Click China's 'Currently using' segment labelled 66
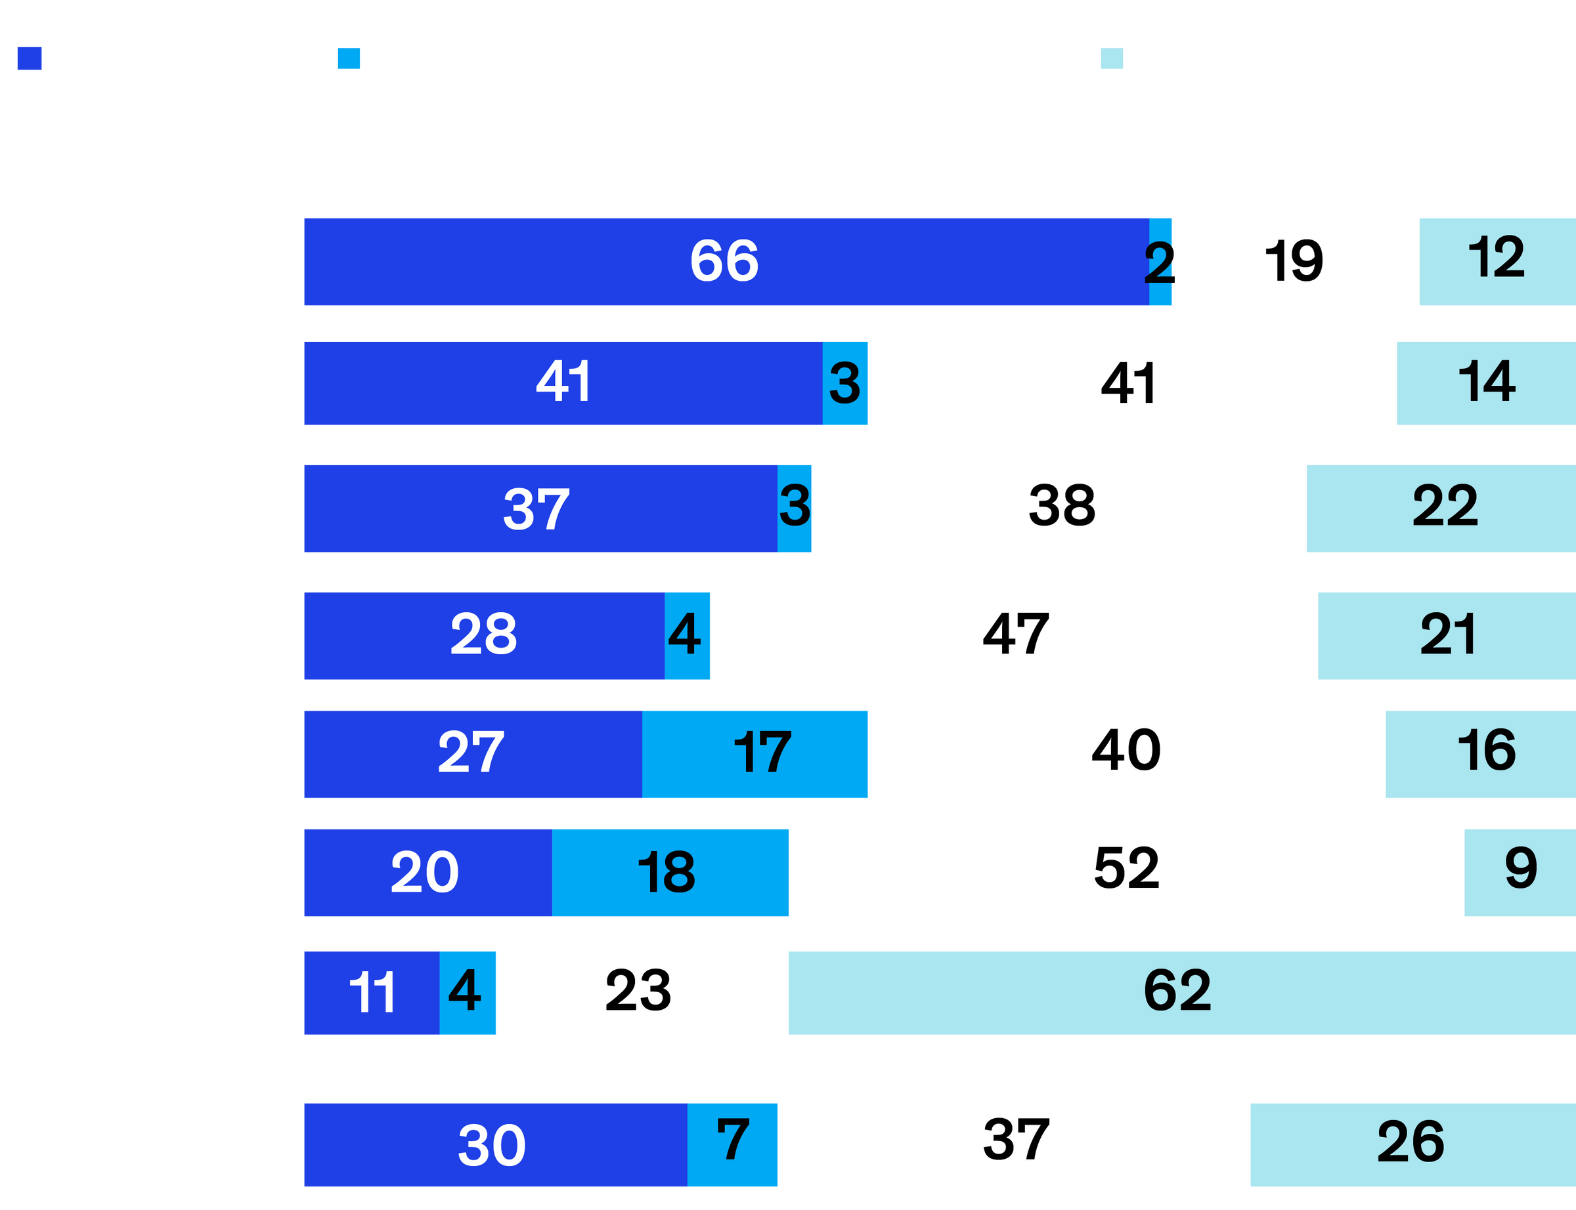click(725, 261)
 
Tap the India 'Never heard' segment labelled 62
click(1182, 993)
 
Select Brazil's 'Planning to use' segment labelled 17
click(755, 754)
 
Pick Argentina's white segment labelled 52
click(1126, 872)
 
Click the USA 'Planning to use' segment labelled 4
click(687, 636)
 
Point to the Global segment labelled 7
click(732, 1144)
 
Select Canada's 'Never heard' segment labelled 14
click(1486, 383)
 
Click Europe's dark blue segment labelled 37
click(539, 509)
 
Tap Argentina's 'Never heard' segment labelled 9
click(1520, 872)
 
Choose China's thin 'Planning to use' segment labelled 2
click(1160, 261)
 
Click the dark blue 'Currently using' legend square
click(30, 58)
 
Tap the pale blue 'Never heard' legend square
click(1112, 58)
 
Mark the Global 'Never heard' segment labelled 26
click(1412, 1144)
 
